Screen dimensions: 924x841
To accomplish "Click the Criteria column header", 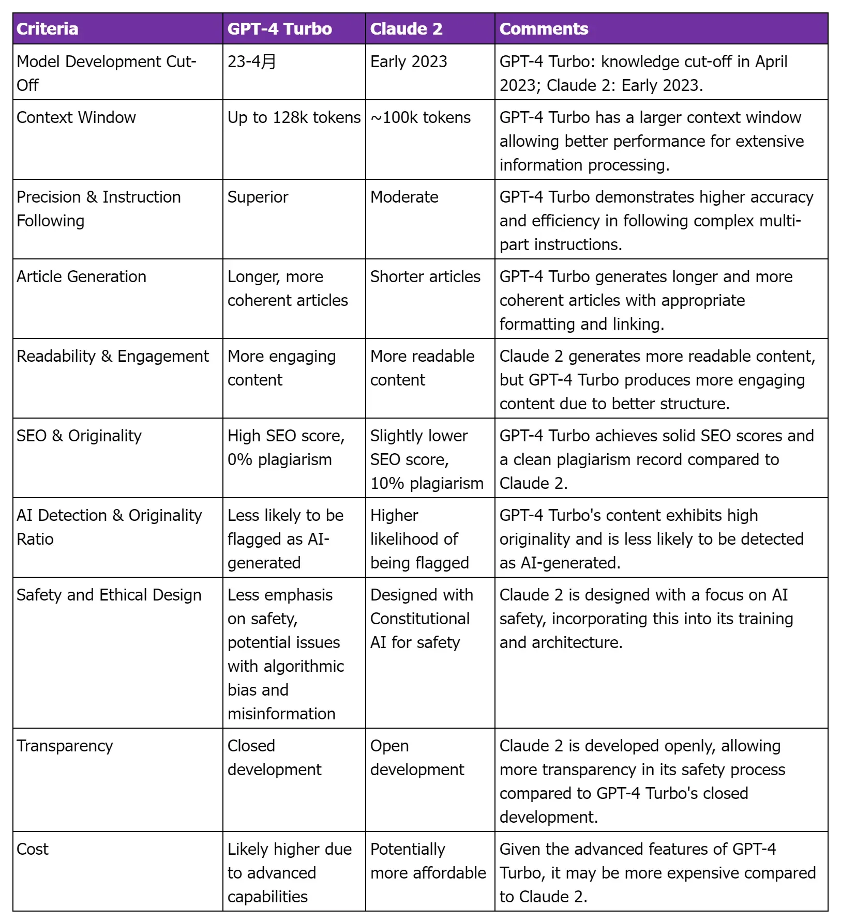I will (x=48, y=29).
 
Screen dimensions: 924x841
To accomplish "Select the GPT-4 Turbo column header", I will (x=279, y=29).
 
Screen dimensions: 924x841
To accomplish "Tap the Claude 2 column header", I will (x=407, y=29).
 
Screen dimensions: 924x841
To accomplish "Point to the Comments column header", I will (x=544, y=29).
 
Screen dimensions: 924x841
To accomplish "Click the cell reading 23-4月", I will (x=252, y=61).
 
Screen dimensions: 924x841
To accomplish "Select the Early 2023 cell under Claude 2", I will (x=409, y=61).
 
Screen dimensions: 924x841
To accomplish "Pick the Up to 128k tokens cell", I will (x=294, y=117).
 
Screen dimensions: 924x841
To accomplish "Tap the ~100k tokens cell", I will (x=420, y=117).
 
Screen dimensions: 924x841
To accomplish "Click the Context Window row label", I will (x=76, y=117).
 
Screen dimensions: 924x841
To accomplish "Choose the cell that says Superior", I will (x=258, y=197).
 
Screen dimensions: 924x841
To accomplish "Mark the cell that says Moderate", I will (x=404, y=197).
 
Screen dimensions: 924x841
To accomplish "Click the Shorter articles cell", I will (x=425, y=276).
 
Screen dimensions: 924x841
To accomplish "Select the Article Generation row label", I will (x=81, y=276).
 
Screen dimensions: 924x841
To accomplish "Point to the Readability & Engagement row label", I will (x=113, y=356).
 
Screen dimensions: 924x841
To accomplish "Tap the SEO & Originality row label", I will (x=79, y=436).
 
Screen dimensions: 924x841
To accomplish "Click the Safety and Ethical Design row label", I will (x=109, y=595).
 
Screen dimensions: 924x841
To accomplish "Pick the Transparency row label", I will (x=65, y=746).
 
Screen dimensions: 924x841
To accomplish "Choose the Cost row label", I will (x=33, y=849).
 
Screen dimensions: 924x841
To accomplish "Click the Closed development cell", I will (x=274, y=758).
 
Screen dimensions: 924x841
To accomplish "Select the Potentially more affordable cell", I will (x=428, y=861).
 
